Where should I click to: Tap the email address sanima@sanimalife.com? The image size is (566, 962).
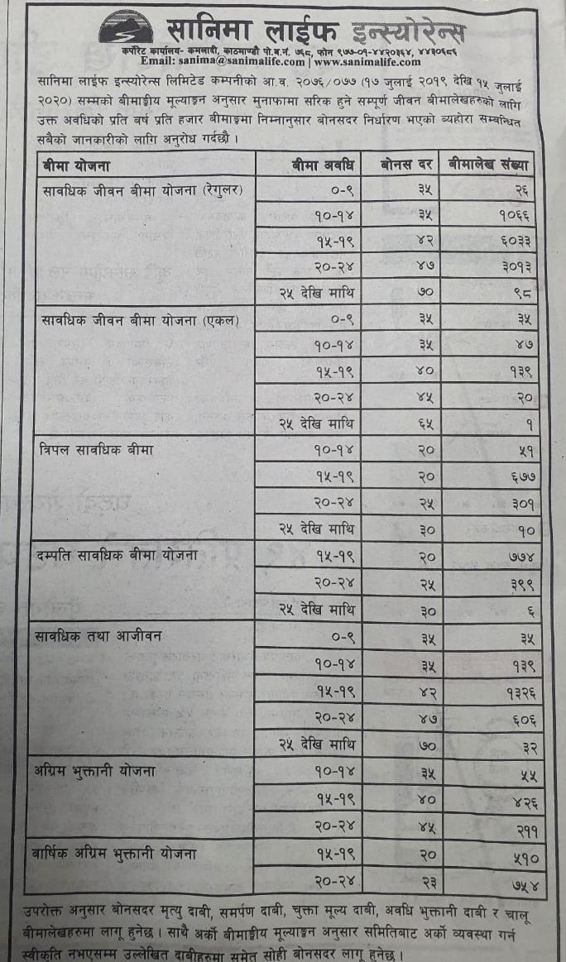pyautogui.click(x=223, y=61)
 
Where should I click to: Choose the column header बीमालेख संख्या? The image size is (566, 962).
pyautogui.click(x=490, y=164)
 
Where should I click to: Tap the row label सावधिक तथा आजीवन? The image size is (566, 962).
pyautogui.click(x=98, y=635)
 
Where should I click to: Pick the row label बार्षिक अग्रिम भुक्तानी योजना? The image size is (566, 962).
pyautogui.click(x=121, y=851)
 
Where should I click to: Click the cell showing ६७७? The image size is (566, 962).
pyautogui.click(x=518, y=476)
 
